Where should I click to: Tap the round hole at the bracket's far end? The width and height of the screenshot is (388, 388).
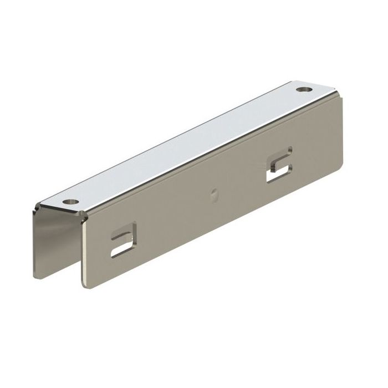(x=303, y=88)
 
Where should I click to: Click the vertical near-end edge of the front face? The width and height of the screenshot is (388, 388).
(x=86, y=249)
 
